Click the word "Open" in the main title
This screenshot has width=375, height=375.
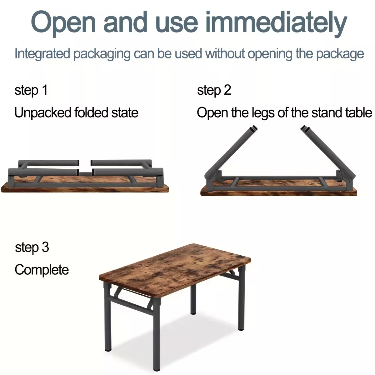pos(63,23)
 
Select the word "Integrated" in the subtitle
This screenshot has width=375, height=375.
pos(42,53)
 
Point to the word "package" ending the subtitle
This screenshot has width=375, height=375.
pos(340,54)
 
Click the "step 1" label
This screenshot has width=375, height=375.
pos(31,90)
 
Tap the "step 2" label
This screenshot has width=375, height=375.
pos(214,90)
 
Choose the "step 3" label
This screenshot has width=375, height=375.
pos(32,247)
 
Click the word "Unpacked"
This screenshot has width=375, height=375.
pos(43,113)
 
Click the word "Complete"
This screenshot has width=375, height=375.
pos(42,270)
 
